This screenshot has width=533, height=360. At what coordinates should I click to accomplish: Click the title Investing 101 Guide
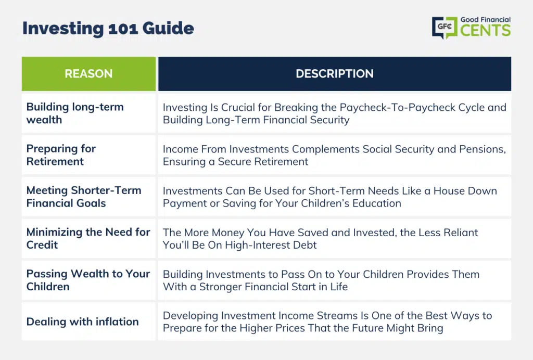point(108,29)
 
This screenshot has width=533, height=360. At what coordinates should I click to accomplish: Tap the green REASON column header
point(88,74)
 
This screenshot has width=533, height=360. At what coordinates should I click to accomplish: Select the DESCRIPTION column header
point(335,74)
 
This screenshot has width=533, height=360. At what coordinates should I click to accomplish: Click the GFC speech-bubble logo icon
point(445,27)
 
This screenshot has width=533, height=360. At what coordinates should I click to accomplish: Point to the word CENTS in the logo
point(486,30)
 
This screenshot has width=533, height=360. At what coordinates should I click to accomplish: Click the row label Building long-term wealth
point(75,113)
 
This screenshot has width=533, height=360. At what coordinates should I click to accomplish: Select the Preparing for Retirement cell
point(61,155)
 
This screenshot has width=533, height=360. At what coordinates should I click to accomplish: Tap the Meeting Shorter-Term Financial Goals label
point(84,197)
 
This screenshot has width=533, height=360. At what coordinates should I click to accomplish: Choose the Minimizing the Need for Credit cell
point(88,238)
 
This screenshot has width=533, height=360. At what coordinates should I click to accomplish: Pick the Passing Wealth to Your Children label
point(88,280)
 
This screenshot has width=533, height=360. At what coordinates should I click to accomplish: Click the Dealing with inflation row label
point(82,322)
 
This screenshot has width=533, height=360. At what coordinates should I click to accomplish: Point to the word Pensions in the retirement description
point(483,149)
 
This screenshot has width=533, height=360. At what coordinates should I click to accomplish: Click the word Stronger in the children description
point(220,287)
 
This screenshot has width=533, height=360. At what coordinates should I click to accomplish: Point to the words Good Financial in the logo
point(486,20)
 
